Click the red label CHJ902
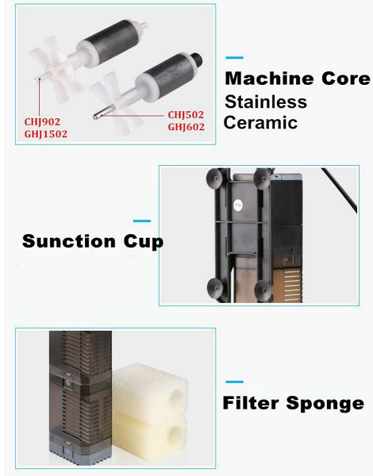[42, 121]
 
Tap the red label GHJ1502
[46, 134]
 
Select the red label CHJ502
[186, 115]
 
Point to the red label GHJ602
[186, 127]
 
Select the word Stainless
[266, 102]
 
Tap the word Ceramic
[260, 122]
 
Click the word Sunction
[69, 241]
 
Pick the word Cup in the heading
[144, 242]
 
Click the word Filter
[251, 403]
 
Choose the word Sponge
[325, 404]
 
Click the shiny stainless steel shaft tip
[98, 116]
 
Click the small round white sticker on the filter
[238, 205]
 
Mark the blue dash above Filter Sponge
[234, 382]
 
